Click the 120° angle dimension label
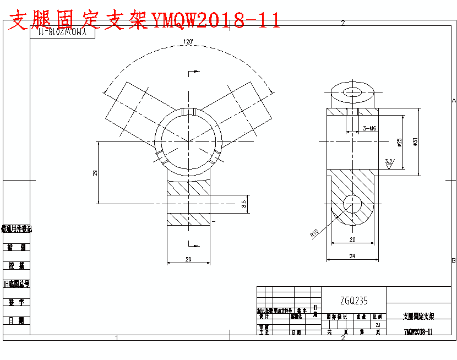[188, 42]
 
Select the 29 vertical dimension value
[95, 172]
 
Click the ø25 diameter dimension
[400, 142]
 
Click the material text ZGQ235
[353, 301]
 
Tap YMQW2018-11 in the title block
[418, 331]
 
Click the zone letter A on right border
[454, 101]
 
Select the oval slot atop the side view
[352, 91]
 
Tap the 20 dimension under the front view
[188, 259]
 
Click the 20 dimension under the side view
[352, 239]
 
